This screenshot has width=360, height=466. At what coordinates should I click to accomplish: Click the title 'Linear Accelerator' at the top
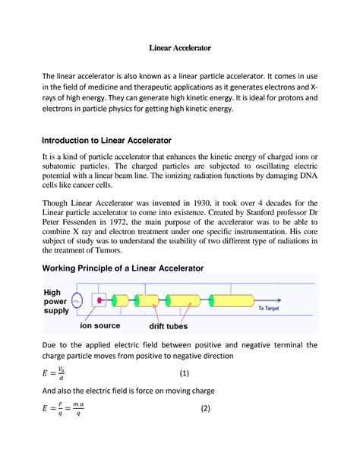(179, 48)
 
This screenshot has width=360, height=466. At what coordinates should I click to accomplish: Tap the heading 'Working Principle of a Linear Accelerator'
(122, 269)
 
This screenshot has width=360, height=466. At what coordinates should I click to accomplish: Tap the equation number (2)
(204, 409)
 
